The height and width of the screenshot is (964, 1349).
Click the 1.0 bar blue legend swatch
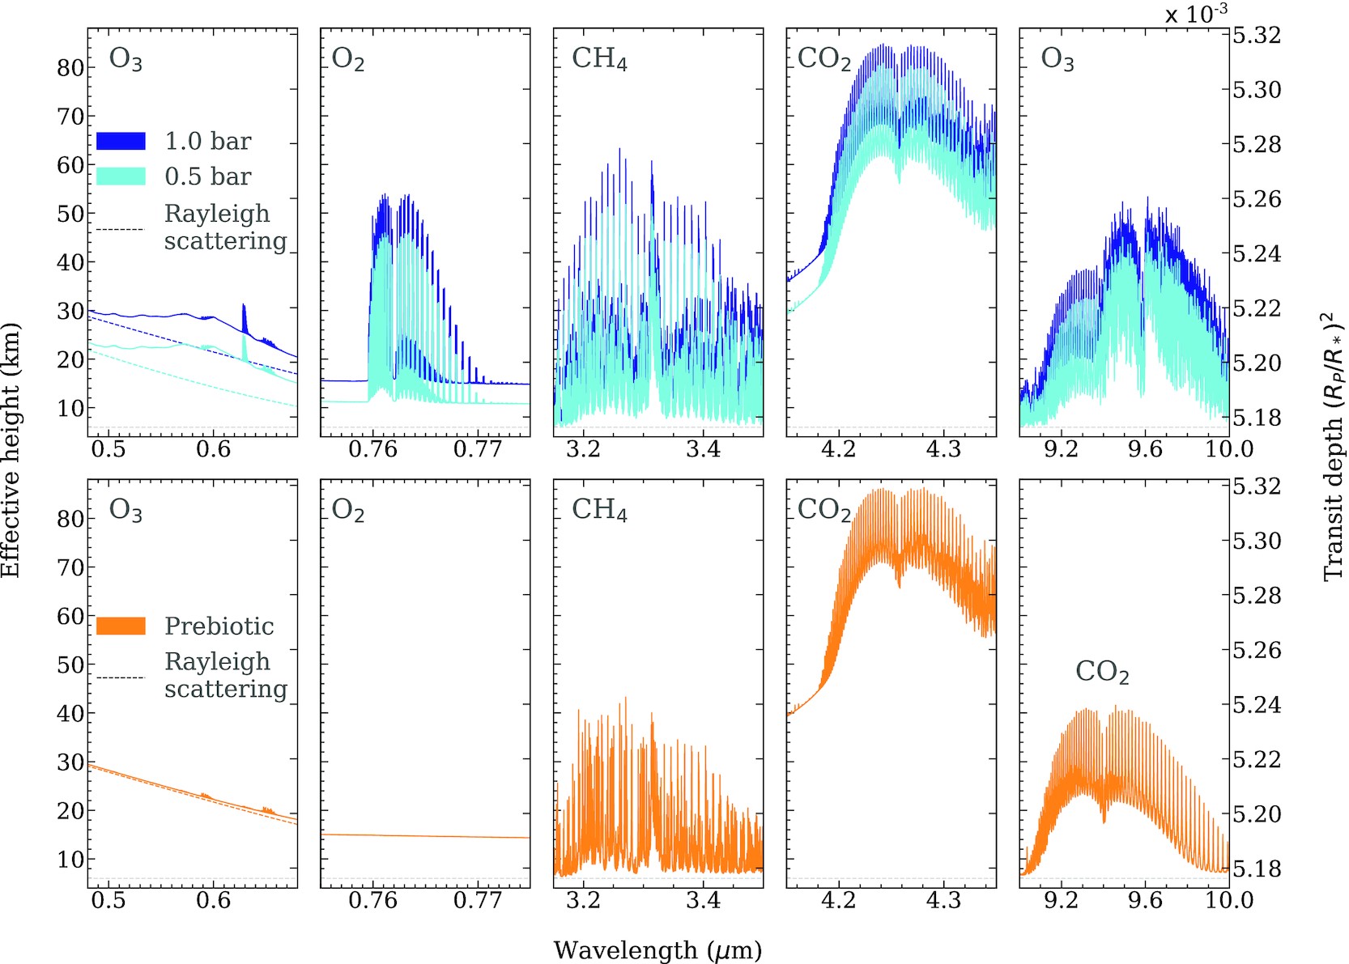pos(121,141)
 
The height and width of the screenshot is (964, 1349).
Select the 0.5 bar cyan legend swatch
pos(121,176)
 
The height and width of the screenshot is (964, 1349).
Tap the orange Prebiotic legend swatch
pos(121,626)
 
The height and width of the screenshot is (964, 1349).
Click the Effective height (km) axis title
pos(11,451)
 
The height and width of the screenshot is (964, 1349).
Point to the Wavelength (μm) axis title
pos(657,949)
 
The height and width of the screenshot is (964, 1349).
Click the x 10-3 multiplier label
pos(1196,14)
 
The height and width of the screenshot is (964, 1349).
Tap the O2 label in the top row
pos(348,60)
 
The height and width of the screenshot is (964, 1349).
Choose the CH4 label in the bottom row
pos(599,509)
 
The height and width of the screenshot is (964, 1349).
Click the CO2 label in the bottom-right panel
pos(1102,671)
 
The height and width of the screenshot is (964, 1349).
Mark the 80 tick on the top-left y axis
pos(70,68)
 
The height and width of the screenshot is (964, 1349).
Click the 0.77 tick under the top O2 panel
pos(478,448)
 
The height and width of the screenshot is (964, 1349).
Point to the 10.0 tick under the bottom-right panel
pos(1228,899)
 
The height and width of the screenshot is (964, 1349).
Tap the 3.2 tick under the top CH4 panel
pos(583,448)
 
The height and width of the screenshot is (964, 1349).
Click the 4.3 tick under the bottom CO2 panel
pos(943,899)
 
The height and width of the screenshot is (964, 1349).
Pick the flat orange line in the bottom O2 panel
pos(425,836)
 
